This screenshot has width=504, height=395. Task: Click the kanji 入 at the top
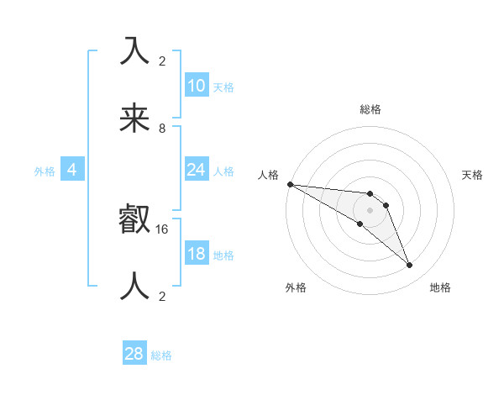pyautogui.click(x=136, y=52)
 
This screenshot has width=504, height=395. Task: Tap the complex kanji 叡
pyautogui.click(x=136, y=220)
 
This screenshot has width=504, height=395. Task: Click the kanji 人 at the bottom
pyautogui.click(x=136, y=287)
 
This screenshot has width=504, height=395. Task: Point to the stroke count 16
pyautogui.click(x=162, y=229)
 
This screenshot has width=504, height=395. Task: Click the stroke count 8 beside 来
pyautogui.click(x=162, y=128)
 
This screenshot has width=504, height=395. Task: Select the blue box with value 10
pyautogui.click(x=196, y=86)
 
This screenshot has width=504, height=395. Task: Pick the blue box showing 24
pyautogui.click(x=196, y=170)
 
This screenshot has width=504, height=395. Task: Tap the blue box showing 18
pyautogui.click(x=196, y=254)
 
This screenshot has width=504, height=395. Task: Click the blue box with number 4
pyautogui.click(x=71, y=170)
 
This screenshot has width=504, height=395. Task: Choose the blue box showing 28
pyautogui.click(x=134, y=354)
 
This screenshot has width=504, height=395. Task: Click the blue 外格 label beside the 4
pyautogui.click(x=45, y=171)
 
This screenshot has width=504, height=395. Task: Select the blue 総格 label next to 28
pyautogui.click(x=161, y=355)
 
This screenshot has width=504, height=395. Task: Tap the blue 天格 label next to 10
pyautogui.click(x=223, y=87)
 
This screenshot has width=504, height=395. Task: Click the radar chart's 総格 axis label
pyautogui.click(x=370, y=109)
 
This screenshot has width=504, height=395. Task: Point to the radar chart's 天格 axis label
pyautogui.click(x=473, y=175)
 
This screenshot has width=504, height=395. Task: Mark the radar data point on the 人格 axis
pyautogui.click(x=290, y=184)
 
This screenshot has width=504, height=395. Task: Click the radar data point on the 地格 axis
pyautogui.click(x=410, y=266)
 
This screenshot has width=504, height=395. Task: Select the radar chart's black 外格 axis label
pyautogui.click(x=296, y=288)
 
